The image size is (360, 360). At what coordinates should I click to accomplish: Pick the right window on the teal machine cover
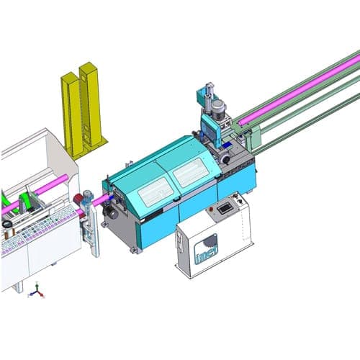191,174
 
